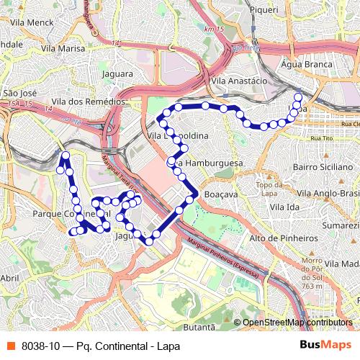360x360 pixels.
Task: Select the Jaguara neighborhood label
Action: click(x=117, y=73)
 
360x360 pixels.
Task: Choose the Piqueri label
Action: click(x=264, y=10)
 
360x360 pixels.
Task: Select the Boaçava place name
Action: click(x=221, y=194)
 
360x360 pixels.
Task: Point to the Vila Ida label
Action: click(x=284, y=207)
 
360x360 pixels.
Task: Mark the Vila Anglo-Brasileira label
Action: click(x=328, y=194)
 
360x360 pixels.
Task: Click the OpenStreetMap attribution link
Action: click(x=297, y=323)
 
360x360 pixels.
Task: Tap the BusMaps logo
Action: click(x=327, y=345)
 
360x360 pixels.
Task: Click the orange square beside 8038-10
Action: click(x=10, y=346)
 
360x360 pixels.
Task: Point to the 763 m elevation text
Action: click(x=312, y=286)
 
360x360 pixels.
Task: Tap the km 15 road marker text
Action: click(x=214, y=29)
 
